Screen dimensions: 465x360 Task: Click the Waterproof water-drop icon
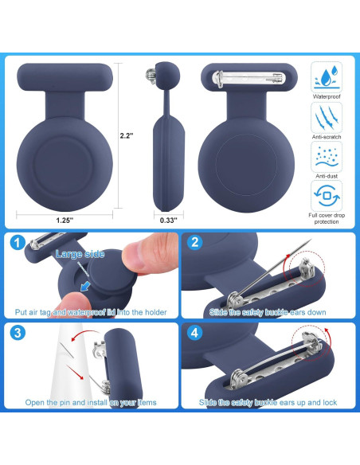(x=327, y=79)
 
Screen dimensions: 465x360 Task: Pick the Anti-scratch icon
(x=327, y=119)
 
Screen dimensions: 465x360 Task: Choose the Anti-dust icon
(x=327, y=157)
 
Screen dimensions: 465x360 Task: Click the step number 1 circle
(x=18, y=244)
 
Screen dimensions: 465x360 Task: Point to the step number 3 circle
(x=18, y=334)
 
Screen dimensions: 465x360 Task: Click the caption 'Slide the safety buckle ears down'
(x=268, y=312)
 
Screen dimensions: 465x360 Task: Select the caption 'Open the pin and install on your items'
(x=90, y=402)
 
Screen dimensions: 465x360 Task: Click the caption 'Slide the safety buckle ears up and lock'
(x=268, y=403)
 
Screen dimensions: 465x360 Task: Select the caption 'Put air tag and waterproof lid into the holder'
(x=91, y=312)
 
